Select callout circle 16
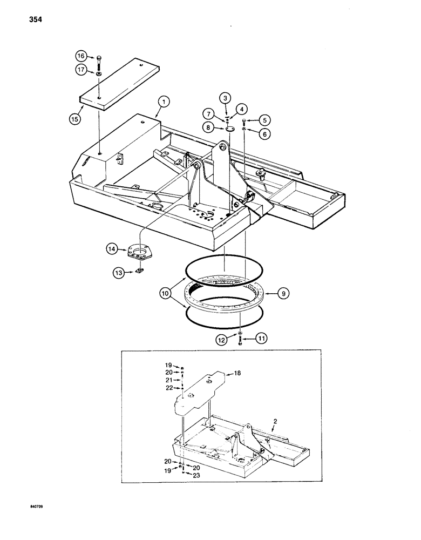(x=80, y=56)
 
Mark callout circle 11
(x=263, y=340)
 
